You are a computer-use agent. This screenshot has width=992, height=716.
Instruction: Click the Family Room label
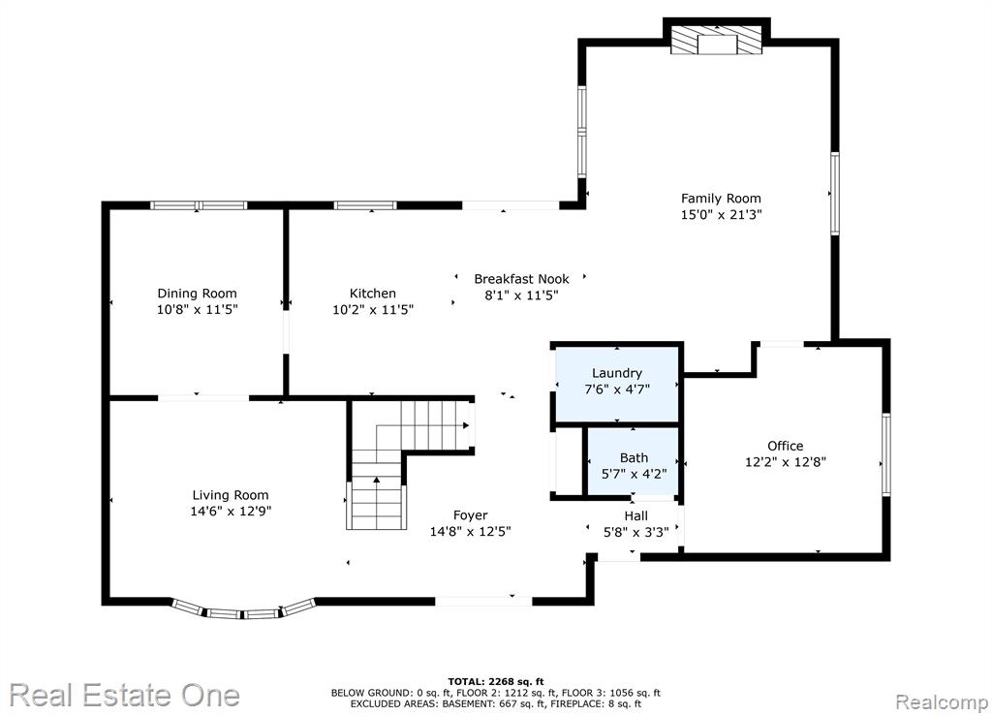pos(721,198)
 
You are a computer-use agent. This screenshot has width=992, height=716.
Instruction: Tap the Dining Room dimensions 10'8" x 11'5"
pos(198,309)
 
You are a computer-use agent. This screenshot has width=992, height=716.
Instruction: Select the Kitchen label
pos(373,293)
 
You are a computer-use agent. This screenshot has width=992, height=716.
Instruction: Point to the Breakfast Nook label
pos(521,278)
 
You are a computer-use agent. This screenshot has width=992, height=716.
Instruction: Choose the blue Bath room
pos(634,462)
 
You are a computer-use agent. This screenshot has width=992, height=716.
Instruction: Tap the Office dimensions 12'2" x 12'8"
pos(785,462)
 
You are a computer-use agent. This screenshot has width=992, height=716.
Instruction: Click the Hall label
pos(635,516)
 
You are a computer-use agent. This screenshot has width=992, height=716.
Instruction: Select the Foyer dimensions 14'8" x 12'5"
pos(470,531)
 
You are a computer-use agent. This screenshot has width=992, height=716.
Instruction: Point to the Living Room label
pos(231,495)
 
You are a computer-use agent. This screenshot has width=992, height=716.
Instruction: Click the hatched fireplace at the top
pos(717,40)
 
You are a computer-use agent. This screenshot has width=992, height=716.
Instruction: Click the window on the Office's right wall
pos(886,454)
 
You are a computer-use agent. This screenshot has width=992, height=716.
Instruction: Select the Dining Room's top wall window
pos(198,205)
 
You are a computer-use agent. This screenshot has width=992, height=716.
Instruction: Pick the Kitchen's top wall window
pos(365,205)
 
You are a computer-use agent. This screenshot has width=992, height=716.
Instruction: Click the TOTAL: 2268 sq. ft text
pos(496,681)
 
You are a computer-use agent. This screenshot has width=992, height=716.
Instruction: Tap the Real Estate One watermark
pos(125,696)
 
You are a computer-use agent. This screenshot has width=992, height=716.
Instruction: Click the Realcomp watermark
pos(942,701)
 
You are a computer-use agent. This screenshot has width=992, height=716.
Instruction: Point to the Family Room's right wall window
pos(834,194)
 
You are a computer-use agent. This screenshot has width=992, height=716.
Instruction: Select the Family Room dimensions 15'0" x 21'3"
pos(721,214)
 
